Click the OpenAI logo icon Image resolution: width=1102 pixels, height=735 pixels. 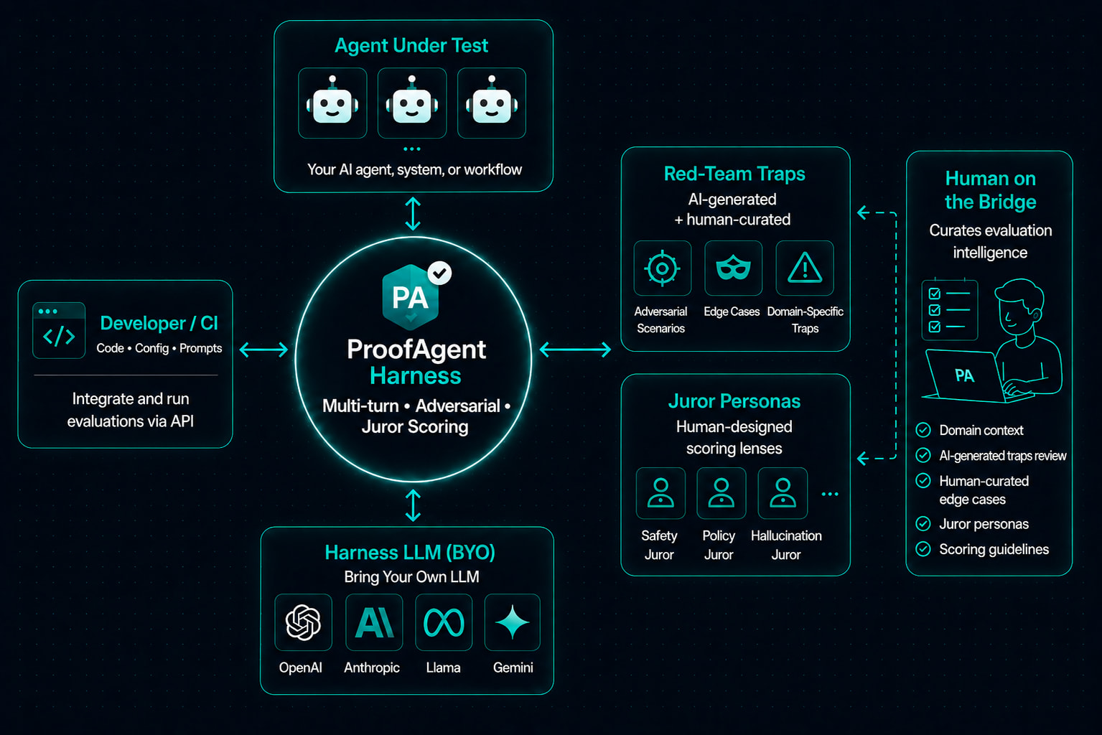[303, 622]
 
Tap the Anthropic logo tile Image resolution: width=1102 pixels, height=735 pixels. [374, 622]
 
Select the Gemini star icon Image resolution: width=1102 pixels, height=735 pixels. [512, 622]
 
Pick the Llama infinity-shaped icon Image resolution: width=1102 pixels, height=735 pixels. [444, 622]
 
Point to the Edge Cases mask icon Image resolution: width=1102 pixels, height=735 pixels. [733, 268]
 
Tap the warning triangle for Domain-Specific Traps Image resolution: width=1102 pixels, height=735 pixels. [804, 268]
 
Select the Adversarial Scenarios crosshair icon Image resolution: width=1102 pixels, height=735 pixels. [662, 268]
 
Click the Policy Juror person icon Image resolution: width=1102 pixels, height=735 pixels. [722, 492]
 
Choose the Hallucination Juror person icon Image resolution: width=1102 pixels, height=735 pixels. [783, 492]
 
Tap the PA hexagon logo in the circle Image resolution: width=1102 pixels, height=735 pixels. [411, 297]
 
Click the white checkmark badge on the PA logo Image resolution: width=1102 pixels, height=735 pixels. [439, 273]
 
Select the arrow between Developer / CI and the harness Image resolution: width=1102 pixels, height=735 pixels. [263, 350]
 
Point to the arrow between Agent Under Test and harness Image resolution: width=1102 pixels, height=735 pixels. [413, 214]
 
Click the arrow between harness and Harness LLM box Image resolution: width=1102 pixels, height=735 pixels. [413, 505]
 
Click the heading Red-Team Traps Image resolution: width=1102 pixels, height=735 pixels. [734, 174]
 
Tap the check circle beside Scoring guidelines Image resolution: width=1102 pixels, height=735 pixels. [923, 548]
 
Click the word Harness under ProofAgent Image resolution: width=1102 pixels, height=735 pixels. [415, 376]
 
